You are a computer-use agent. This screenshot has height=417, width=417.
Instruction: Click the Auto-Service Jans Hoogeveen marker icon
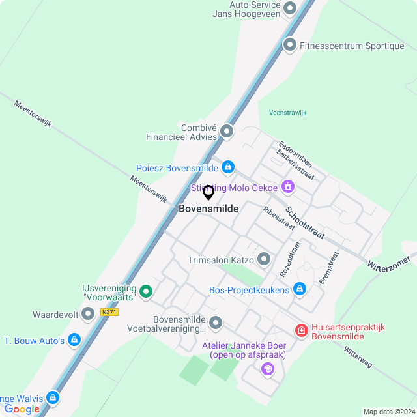click(290, 8)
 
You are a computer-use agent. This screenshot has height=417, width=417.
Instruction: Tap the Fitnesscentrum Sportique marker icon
click(290, 46)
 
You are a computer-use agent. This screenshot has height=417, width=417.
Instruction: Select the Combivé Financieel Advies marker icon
click(227, 132)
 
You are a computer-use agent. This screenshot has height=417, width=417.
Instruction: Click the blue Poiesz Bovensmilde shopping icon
click(227, 168)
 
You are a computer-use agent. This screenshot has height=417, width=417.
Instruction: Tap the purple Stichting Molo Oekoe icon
click(288, 188)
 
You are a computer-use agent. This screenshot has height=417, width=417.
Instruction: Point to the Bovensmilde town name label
click(208, 208)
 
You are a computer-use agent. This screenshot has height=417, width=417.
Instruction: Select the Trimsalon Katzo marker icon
click(264, 260)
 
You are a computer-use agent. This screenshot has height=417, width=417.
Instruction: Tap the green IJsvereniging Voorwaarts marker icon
click(147, 293)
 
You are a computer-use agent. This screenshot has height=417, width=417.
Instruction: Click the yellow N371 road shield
click(109, 313)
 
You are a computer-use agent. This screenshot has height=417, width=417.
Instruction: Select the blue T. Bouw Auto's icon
click(74, 340)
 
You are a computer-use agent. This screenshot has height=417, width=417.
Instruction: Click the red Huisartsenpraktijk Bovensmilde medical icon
click(301, 332)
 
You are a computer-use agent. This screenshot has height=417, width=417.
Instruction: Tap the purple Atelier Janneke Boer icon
click(267, 369)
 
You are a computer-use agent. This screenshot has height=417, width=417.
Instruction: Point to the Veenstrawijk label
click(287, 113)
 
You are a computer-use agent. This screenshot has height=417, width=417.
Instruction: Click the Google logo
click(22, 409)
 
